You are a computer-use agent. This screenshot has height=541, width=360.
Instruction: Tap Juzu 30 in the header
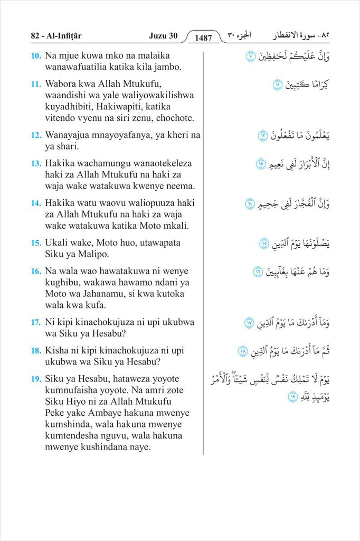pos(163,36)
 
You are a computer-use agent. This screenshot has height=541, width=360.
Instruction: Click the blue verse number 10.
pos(36,55)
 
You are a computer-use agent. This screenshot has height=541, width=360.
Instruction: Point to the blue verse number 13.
pos(36,164)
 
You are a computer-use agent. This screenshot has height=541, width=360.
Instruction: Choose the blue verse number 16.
pos(36,272)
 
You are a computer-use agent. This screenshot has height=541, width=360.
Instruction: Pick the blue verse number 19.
pos(36,379)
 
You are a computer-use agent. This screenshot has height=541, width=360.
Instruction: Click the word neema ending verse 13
pos(180,186)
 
